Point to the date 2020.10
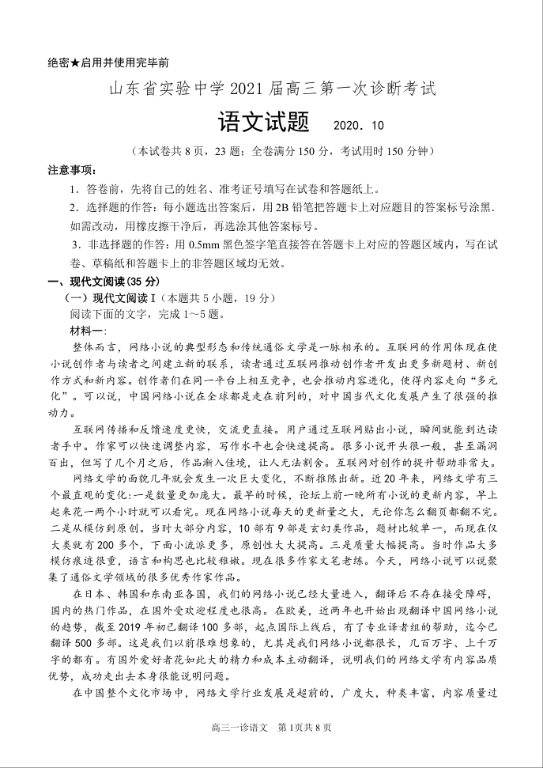358,127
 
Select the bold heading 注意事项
72,170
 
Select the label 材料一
92,331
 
